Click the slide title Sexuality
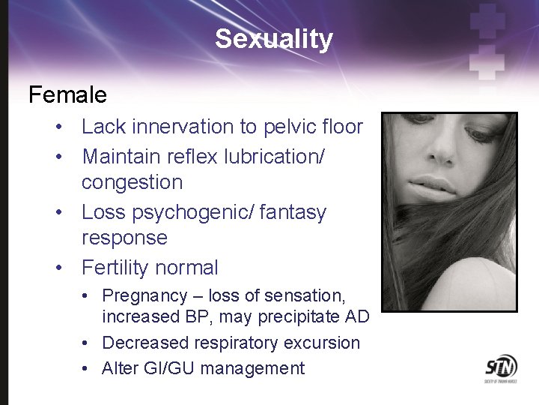(273, 38)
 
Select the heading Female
(67, 95)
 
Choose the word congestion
(132, 182)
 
